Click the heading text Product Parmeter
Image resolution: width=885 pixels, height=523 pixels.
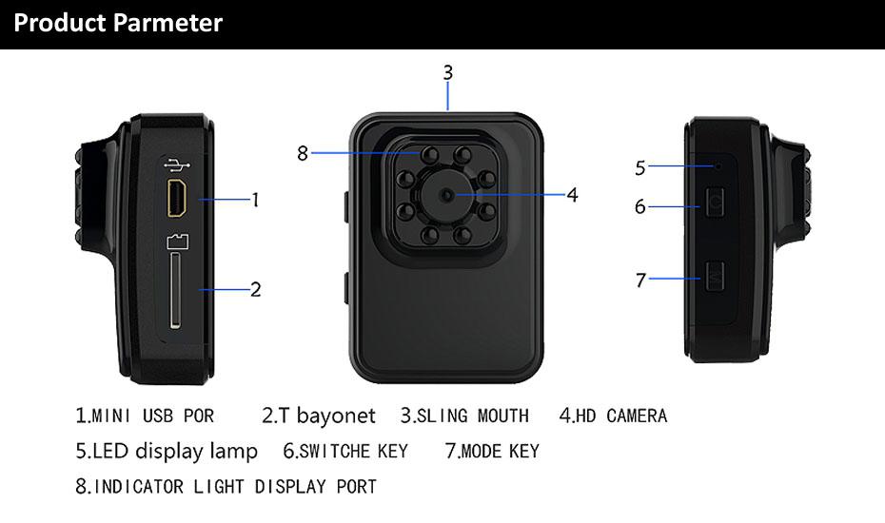(118, 23)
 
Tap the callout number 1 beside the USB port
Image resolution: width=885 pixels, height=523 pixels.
(255, 200)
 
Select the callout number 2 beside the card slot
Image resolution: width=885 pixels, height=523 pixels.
(255, 289)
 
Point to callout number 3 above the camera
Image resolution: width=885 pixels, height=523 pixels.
(447, 72)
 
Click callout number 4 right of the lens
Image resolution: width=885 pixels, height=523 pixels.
(572, 195)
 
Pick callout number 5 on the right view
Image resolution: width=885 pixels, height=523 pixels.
(640, 168)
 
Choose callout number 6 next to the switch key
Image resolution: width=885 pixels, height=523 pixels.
(640, 205)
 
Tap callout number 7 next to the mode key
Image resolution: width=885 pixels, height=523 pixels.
(640, 280)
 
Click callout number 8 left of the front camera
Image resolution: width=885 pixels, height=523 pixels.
(303, 152)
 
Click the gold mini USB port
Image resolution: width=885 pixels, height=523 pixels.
(177, 198)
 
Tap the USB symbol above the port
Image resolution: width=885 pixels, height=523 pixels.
(177, 165)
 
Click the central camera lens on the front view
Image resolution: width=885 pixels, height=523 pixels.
(447, 194)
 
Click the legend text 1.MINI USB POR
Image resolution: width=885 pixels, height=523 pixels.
(145, 416)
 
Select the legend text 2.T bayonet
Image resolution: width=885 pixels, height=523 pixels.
(318, 416)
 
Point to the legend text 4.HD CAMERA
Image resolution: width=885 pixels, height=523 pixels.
(613, 416)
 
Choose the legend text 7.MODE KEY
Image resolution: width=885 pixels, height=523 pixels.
(492, 451)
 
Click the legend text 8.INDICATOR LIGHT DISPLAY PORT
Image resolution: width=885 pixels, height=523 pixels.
(226, 487)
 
